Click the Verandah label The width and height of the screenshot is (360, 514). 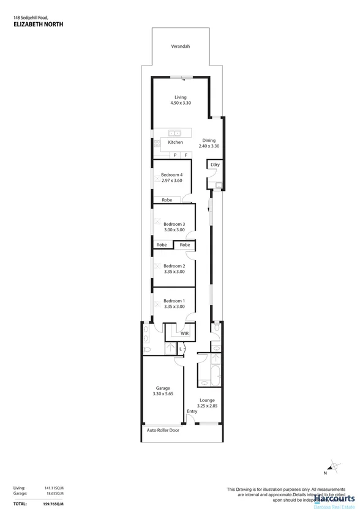tap(180, 47)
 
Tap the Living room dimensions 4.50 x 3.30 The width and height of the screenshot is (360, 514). tap(180, 103)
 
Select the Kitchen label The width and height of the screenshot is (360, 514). tap(176, 143)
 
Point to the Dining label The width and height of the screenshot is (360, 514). tap(209, 140)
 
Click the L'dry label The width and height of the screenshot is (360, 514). tap(215, 165)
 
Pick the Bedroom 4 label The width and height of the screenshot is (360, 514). tap(172, 175)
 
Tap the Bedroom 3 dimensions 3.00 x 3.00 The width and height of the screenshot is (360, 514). tap(174, 229)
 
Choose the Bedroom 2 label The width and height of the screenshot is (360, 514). tap(174, 266)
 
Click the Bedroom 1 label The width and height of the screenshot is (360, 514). tap(174, 300)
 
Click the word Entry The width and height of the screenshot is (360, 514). tap(192, 411)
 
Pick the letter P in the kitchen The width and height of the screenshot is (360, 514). tap(174, 155)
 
